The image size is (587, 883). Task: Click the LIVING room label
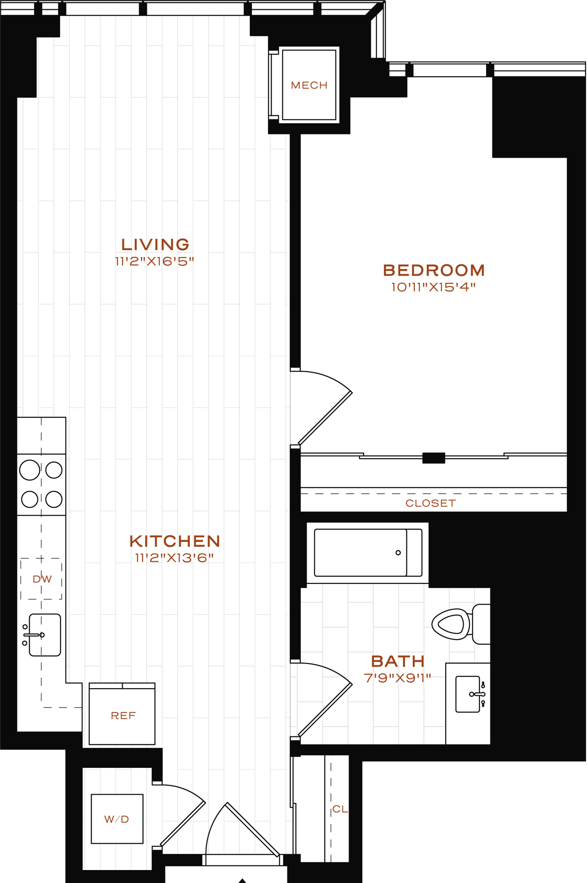pos(155,244)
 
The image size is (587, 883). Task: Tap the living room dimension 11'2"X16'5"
pos(155,261)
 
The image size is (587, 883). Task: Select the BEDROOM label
pos(434,270)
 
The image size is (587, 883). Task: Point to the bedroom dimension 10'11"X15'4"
pos(433,287)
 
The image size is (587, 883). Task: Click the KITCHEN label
pos(175,541)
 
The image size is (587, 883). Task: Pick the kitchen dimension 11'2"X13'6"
pos(175,558)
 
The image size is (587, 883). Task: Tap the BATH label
pos(398,661)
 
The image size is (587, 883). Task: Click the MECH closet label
pos(309,85)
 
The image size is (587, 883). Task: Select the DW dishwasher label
pos(42,579)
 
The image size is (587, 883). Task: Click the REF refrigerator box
pos(122,716)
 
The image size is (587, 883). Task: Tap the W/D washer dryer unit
pos(117,819)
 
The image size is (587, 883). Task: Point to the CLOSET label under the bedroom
pos(430,503)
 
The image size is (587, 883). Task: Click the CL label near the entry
pos(340,809)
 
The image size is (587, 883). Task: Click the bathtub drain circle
pos(398,553)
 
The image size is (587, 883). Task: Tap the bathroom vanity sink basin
pos(468,694)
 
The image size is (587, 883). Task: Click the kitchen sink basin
pos(45,635)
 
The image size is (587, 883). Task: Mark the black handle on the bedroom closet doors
pos(433,458)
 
